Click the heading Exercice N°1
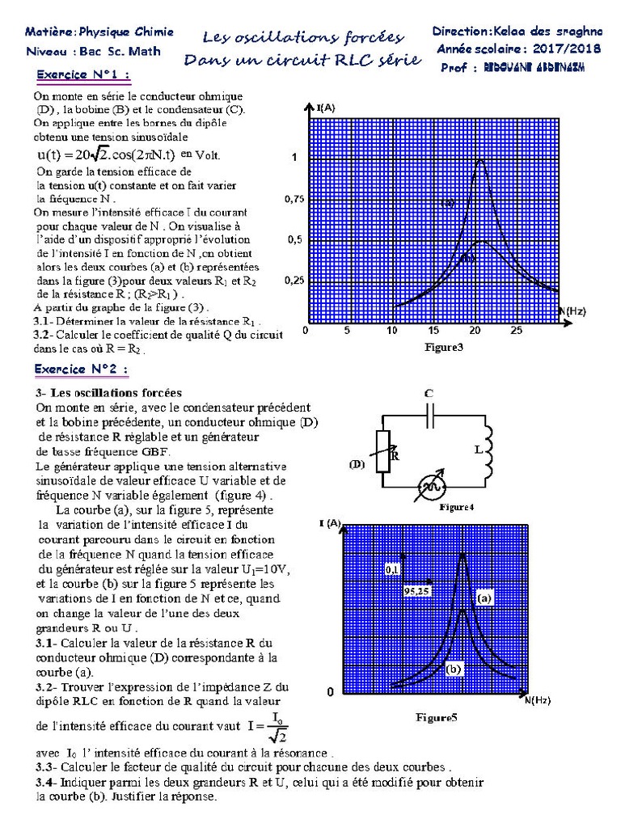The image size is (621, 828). pos(82,77)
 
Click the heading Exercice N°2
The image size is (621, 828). pos(81,369)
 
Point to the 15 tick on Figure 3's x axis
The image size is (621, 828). pos(434,331)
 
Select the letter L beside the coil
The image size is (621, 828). pos(478,449)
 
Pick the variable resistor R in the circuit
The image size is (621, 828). pos(385,454)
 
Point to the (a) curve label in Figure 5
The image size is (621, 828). pos(484,599)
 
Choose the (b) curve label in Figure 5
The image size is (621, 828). pos(454,670)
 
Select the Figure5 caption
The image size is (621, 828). pos(437,716)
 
